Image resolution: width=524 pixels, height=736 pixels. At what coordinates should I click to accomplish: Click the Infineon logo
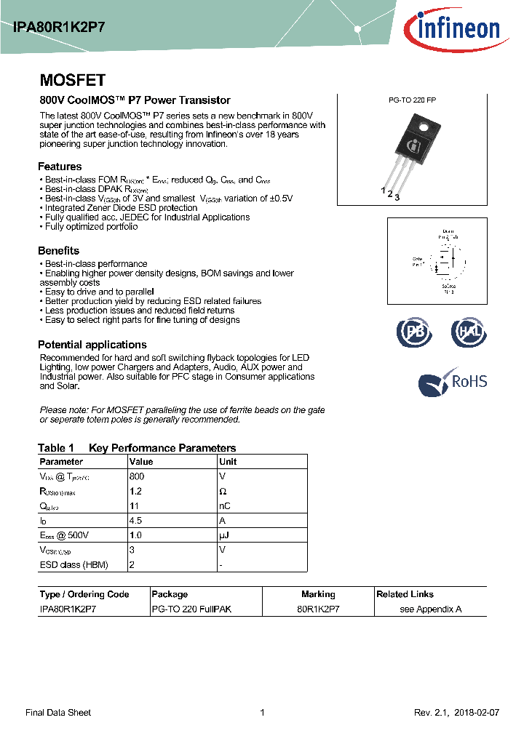tap(452, 29)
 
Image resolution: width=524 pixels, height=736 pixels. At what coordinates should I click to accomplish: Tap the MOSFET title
tap(73, 81)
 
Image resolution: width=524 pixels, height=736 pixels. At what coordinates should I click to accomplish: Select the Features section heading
tap(60, 166)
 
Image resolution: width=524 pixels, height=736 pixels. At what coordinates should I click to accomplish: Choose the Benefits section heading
tap(59, 251)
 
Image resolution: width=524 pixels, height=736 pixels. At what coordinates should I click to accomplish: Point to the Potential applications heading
tap(92, 345)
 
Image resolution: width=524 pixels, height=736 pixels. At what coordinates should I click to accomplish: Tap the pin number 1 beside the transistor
tap(384, 190)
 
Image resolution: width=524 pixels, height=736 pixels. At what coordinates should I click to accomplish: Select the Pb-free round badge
tap(414, 332)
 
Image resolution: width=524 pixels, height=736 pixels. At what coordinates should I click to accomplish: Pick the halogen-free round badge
tap(467, 332)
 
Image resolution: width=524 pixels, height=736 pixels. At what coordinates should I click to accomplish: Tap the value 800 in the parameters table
tap(137, 476)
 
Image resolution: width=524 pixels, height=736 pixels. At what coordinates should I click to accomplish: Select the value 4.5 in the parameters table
tap(136, 521)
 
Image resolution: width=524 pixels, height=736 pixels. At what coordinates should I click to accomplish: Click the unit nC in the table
tap(225, 506)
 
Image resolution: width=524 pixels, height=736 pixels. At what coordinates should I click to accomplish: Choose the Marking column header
tap(318, 594)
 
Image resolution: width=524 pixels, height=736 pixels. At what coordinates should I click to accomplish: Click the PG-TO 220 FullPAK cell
tap(191, 609)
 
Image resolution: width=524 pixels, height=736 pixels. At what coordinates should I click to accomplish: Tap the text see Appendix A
tap(431, 609)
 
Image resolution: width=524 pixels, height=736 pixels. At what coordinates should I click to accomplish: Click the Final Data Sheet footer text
tap(58, 713)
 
